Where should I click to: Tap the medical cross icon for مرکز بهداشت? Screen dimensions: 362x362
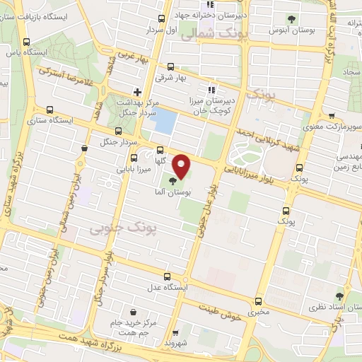point(138,90)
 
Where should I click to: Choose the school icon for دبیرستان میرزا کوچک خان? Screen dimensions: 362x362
point(210,90)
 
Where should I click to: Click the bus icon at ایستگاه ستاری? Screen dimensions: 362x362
point(49,110)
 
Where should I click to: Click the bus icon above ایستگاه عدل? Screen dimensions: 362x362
point(167,276)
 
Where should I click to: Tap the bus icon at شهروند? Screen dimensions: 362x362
point(176,333)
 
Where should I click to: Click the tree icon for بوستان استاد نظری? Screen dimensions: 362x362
point(340,297)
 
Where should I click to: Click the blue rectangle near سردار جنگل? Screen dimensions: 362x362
point(164,120)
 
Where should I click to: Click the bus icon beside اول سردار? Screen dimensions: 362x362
point(162,20)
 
